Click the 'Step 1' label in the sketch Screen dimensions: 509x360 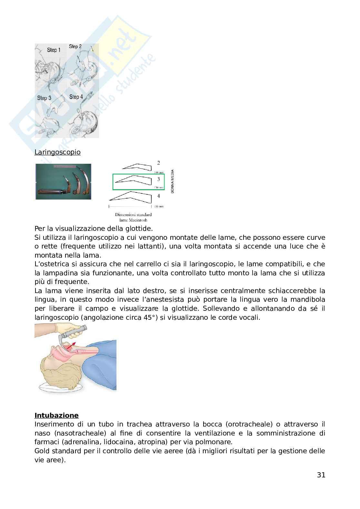(54, 50)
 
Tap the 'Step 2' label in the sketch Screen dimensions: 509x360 (75, 46)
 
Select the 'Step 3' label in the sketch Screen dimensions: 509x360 (44, 98)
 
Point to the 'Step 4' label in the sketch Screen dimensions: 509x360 (76, 97)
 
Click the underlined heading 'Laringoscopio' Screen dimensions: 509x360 (57, 152)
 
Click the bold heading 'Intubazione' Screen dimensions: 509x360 (56, 415)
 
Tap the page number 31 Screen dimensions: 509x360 (321, 475)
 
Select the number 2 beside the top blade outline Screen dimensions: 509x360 (158, 163)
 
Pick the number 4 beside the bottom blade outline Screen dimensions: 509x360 (158, 196)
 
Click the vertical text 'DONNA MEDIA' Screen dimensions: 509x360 (173, 181)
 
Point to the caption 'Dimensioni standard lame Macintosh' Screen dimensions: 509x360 (133, 217)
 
